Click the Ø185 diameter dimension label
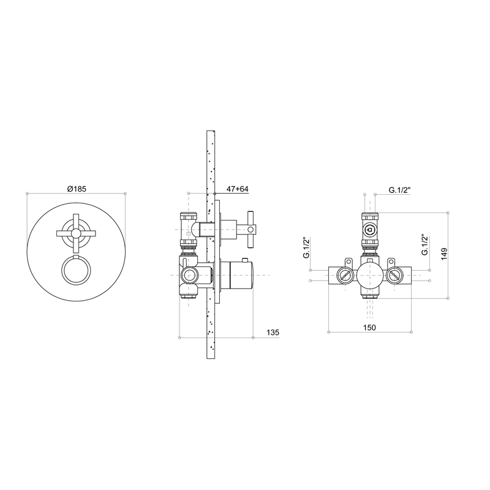77,189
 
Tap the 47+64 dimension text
238,189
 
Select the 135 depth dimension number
273,333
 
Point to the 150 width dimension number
369,327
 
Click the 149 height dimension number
445,254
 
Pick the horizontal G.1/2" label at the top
399,190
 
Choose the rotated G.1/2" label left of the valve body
306,248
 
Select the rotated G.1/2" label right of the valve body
424,244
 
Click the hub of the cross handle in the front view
76,233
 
